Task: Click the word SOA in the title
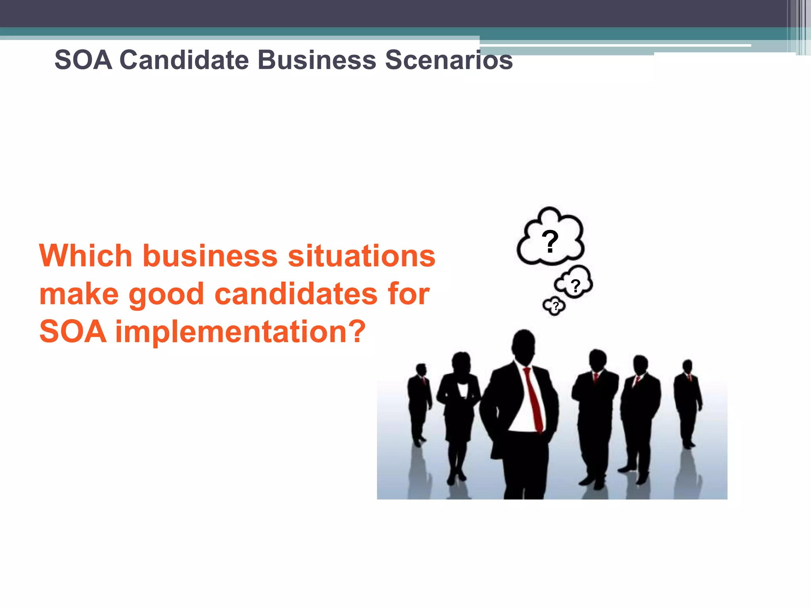coord(83,60)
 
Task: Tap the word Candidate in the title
coord(184,60)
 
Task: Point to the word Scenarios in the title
coord(449,60)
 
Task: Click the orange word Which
coord(86,256)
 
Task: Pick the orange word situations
coord(361,256)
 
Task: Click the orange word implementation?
coord(240,331)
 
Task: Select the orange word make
coord(79,294)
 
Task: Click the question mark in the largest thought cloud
coord(550,242)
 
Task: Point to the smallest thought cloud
coord(554,306)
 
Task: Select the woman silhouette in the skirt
coord(460,412)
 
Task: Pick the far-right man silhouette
coord(688,400)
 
